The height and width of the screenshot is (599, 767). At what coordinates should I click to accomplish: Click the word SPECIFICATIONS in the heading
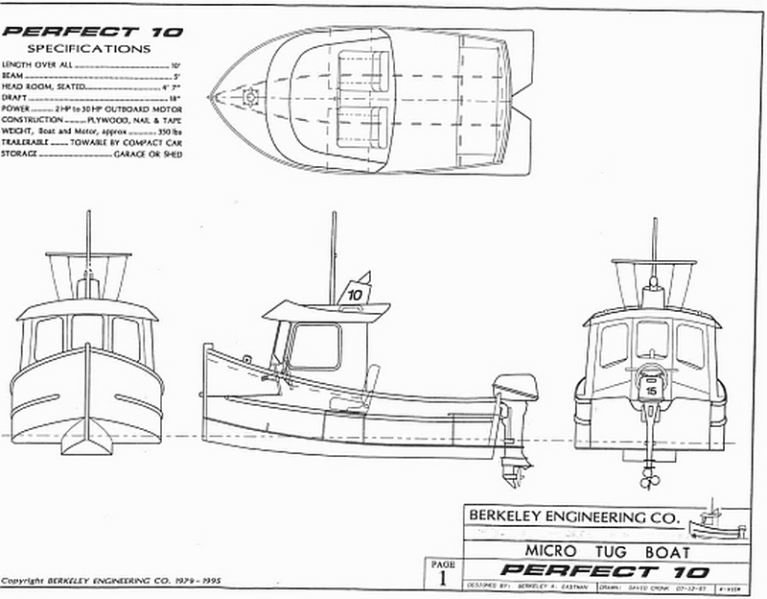click(88, 46)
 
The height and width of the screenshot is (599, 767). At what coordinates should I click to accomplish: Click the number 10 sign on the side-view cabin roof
click(356, 294)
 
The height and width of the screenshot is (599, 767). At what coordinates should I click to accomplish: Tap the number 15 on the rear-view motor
click(650, 392)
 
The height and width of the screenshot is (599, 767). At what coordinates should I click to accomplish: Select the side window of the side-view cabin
click(315, 346)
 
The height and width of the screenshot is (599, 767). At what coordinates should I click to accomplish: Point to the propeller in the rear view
click(650, 472)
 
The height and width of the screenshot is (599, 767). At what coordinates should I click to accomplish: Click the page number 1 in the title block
click(442, 578)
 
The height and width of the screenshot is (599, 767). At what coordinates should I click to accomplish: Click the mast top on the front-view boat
click(87, 213)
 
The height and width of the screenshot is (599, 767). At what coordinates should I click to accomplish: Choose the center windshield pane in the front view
click(87, 331)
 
